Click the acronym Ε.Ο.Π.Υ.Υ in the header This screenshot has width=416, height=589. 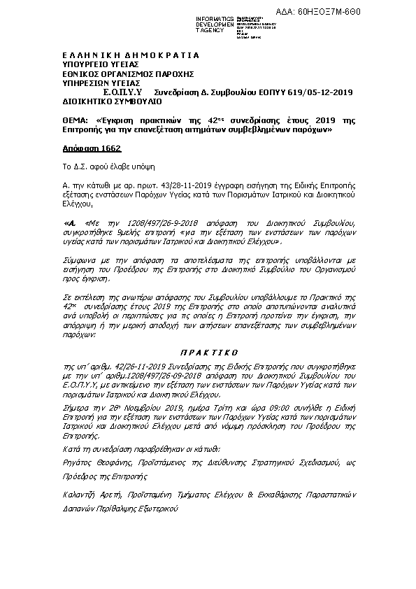click(x=122, y=92)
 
